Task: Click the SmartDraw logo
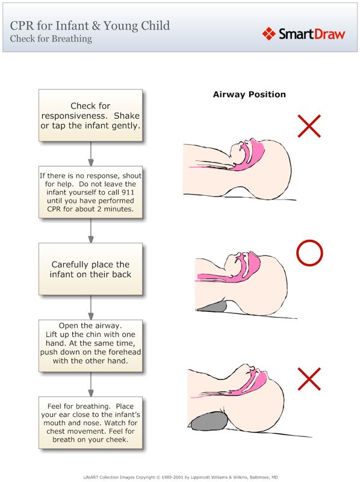coord(304,34)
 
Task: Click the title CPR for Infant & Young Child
coord(90,25)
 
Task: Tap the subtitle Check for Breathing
coord(51,39)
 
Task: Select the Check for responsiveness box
coord(90,116)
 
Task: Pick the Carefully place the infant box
coord(90,269)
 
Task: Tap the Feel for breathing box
coord(90,422)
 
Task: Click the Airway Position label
coord(249,95)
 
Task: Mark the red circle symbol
coord(310,254)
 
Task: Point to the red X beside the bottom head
coord(309,379)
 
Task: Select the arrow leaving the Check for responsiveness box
coord(90,154)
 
